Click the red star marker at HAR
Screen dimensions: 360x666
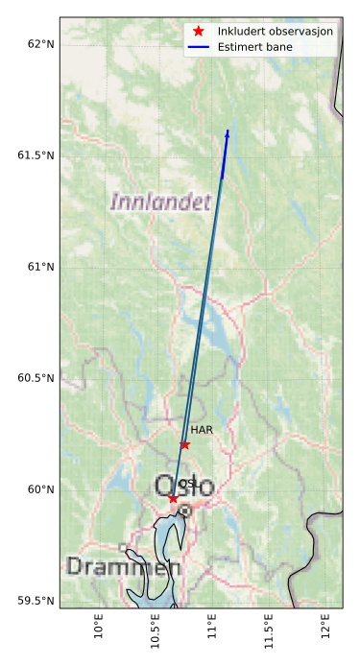pos(184,444)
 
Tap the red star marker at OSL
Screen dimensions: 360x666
pos(173,498)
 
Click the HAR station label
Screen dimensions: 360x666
pos(201,431)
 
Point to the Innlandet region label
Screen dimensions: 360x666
pos(160,202)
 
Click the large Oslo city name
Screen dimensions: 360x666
pos(185,487)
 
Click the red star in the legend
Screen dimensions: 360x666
pos(199,31)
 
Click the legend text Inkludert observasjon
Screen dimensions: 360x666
pos(276,31)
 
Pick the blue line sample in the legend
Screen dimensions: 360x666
pos(199,46)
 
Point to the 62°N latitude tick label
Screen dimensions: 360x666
pos(36,44)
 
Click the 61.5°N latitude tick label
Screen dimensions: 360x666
pos(32,155)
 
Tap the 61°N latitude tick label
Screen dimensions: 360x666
pos(36,267)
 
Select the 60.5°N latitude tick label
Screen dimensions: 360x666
pos(32,378)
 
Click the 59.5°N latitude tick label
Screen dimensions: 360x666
pos(32,601)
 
